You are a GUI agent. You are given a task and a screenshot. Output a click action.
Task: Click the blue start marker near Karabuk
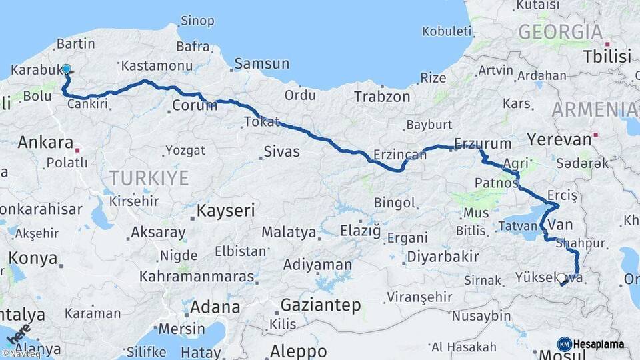(x=66, y=69)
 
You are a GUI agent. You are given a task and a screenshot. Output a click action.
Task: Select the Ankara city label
(x=45, y=142)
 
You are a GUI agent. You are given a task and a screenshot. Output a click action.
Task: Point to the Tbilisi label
(x=607, y=56)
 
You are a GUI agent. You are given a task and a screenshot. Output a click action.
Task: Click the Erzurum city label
(x=483, y=143)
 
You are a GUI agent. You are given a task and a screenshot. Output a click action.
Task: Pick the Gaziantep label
(x=321, y=305)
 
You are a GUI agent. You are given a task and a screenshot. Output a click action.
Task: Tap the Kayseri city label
(x=226, y=211)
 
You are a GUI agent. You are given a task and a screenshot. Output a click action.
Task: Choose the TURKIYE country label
(x=149, y=177)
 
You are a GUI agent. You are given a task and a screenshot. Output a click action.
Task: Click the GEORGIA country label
(x=560, y=31)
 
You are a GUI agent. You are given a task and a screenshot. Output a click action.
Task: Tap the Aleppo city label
(x=298, y=351)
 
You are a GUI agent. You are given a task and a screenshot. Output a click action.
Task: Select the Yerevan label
(x=559, y=139)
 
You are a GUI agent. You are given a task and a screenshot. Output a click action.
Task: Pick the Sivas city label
(x=281, y=151)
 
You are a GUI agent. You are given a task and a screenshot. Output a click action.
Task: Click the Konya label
(x=33, y=259)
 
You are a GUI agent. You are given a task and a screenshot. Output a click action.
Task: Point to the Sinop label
(x=197, y=21)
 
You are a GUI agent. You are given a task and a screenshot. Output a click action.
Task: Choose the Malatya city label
(x=288, y=232)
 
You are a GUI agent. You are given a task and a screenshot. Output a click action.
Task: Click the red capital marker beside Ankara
(x=78, y=150)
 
